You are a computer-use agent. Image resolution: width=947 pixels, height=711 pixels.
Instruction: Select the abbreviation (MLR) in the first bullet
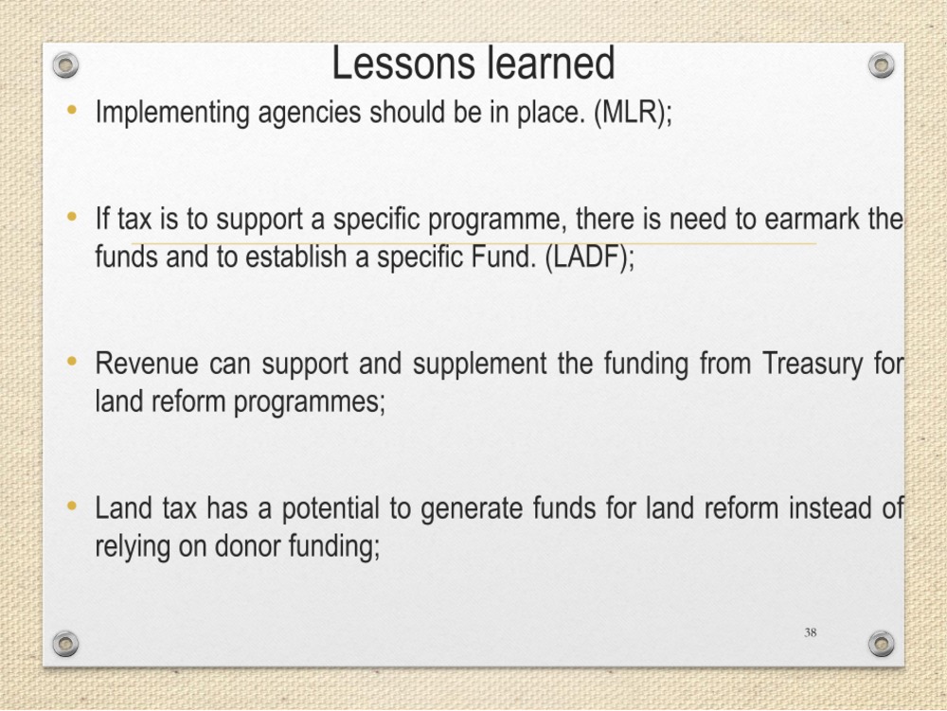coord(633,113)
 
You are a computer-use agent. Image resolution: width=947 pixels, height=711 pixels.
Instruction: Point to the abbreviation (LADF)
coord(589,258)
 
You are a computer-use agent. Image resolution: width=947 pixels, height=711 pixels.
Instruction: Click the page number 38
coord(811,632)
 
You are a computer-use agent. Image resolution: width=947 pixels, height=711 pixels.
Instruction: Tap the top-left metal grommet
coord(65,64)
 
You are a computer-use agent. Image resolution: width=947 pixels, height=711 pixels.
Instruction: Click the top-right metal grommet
coord(881,64)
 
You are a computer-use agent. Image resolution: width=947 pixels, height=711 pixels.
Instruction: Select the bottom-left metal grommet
coord(65,644)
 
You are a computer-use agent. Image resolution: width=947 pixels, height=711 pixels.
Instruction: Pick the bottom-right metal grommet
coord(881,644)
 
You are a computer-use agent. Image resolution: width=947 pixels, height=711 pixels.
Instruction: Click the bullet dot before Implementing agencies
coord(72,111)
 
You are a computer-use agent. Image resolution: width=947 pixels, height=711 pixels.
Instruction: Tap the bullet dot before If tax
coord(72,216)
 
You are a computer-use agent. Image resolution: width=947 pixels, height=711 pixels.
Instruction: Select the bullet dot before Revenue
coord(72,361)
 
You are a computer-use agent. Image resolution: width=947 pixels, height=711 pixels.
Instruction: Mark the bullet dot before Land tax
coord(72,506)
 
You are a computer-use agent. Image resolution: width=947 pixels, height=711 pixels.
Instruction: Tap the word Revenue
coord(147,364)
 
